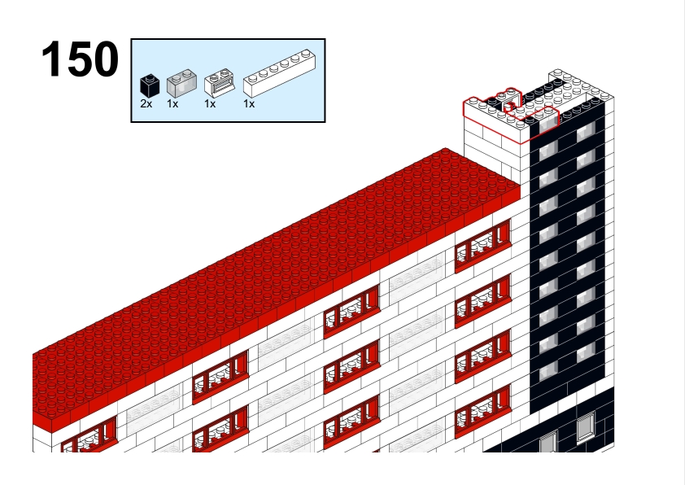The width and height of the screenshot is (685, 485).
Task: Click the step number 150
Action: tap(80, 59)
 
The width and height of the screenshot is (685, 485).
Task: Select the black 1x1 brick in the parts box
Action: tap(150, 85)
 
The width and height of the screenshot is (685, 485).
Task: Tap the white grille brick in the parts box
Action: tap(220, 82)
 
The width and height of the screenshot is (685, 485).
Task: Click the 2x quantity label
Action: tap(146, 104)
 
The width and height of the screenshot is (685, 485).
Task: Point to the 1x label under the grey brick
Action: tap(172, 104)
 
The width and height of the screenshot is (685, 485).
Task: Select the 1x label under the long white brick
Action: tap(249, 104)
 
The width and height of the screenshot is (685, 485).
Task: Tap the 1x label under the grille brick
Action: tap(210, 104)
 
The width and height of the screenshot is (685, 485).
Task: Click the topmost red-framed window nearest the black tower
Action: tap(482, 247)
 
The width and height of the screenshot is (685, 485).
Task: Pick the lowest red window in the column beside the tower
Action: tap(482, 412)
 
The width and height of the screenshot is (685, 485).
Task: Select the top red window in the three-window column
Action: tap(351, 311)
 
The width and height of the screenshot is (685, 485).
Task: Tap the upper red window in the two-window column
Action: tap(220, 377)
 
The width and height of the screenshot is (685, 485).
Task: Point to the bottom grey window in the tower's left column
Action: tap(548, 371)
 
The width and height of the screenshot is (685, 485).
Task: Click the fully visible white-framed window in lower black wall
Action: tap(586, 427)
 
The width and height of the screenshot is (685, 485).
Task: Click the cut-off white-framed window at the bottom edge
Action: tap(548, 442)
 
